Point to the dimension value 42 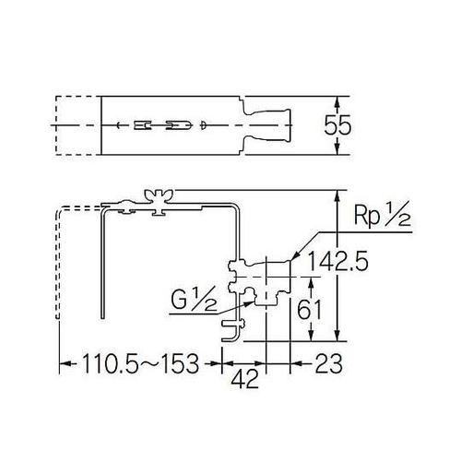coord(243,380)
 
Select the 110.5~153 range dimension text coord(138,363)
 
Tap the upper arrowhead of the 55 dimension coord(341,99)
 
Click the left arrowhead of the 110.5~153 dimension coord(64,363)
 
